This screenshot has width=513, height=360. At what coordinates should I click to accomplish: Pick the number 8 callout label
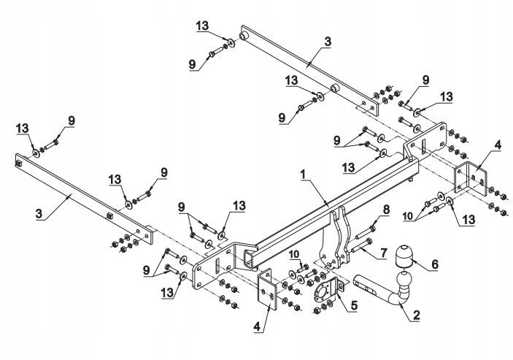(x=387, y=209)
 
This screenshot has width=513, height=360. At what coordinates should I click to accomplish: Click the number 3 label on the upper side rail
(x=327, y=42)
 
